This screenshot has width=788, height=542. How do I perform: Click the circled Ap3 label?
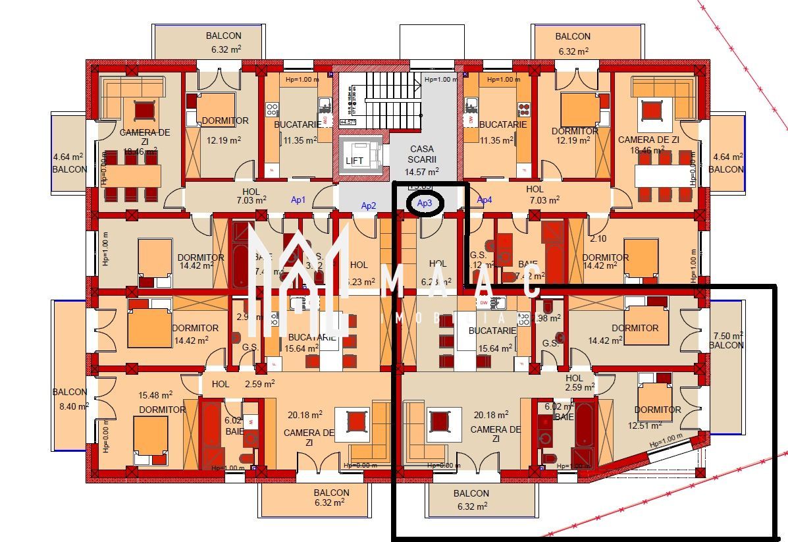pos(425,204)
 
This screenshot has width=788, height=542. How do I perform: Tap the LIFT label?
pos(354,161)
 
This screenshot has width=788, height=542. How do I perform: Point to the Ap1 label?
pos(298,200)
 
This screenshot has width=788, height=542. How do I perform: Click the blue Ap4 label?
pos(484,200)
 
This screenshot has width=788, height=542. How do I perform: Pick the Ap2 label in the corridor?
pos(369,206)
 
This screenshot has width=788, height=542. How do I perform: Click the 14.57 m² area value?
pos(421,171)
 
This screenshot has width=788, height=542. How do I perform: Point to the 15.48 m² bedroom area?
pos(155,395)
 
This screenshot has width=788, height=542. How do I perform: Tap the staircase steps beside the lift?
pos(392,99)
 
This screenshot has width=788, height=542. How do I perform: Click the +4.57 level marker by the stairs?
pos(348,122)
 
